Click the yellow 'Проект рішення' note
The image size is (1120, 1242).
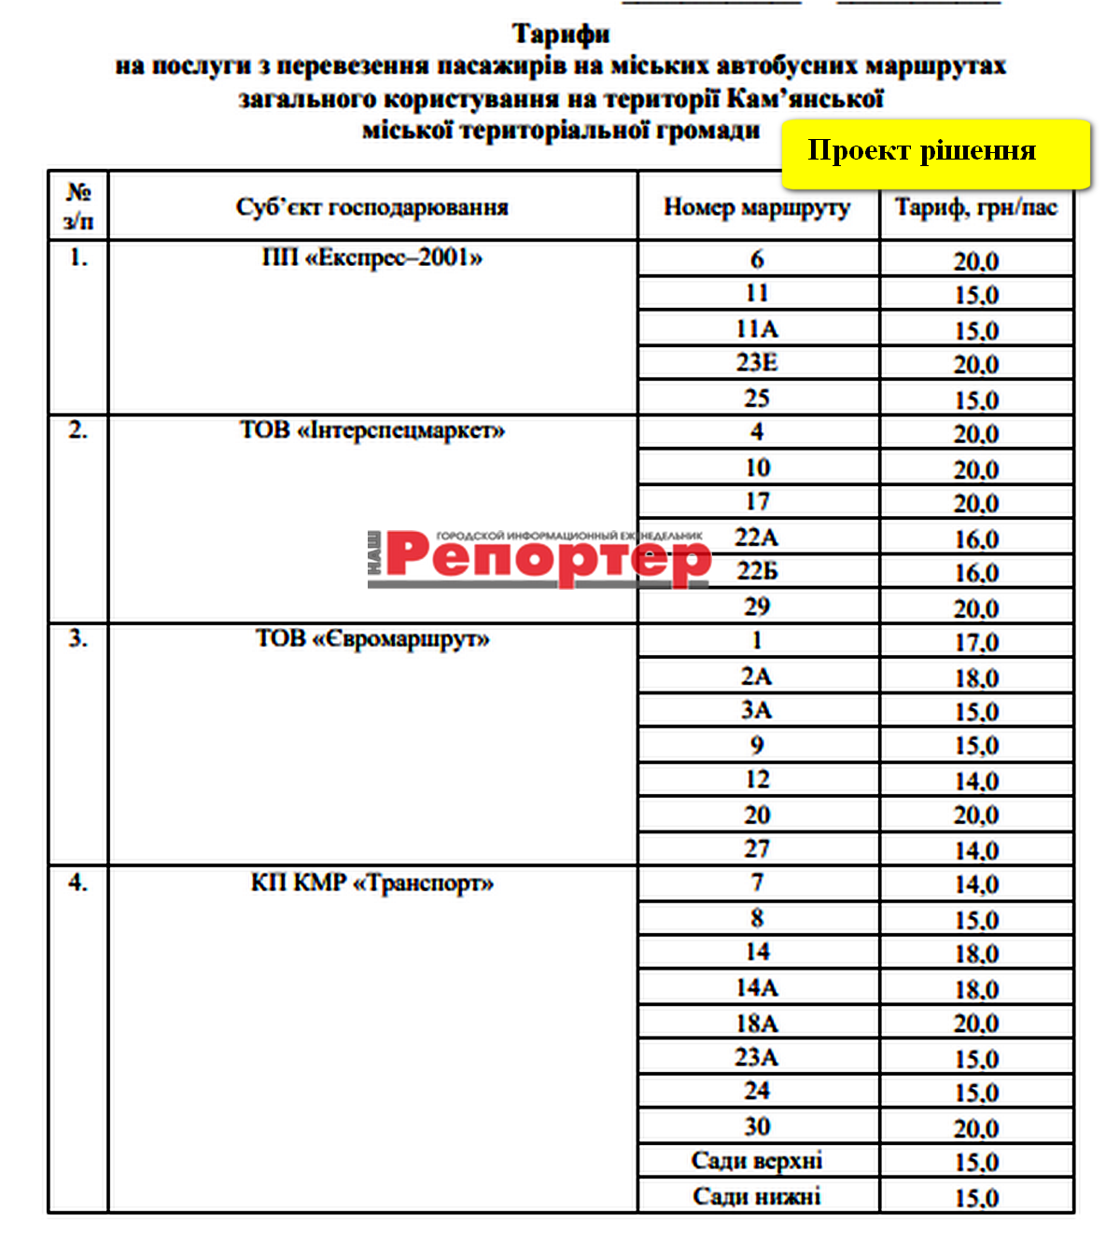934,152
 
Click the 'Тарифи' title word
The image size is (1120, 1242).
561,35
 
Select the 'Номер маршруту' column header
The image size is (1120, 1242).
757,207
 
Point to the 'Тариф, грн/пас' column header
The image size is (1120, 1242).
976,207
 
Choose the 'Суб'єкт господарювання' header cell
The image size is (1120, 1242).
372,207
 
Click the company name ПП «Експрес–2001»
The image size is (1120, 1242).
372,258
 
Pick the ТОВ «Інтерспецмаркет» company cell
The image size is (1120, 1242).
372,431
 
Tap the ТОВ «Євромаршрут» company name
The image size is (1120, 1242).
372,639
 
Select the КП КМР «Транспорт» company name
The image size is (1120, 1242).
372,883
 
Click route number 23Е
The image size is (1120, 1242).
757,363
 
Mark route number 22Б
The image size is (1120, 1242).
757,571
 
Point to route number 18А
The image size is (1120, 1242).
757,1024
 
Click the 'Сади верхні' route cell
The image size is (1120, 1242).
757,1162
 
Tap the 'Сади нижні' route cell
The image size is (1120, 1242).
757,1197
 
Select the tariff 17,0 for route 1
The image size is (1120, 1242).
976,643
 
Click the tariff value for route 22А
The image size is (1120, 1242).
976,539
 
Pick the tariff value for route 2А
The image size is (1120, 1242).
976,678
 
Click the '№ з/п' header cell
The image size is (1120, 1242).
78,206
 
